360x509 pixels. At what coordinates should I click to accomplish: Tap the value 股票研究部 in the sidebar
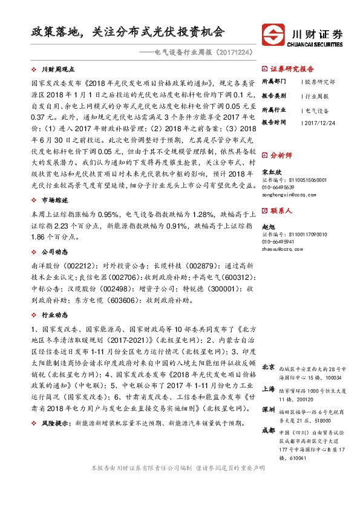(x=319, y=81)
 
